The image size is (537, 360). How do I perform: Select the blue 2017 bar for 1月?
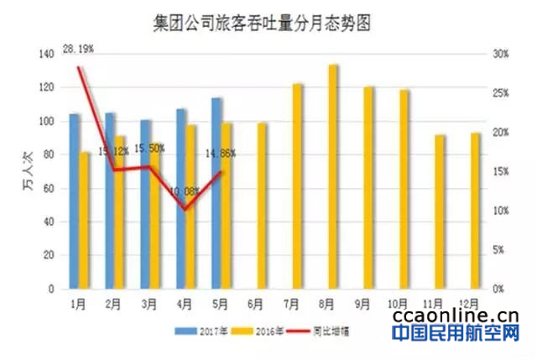click(x=74, y=201)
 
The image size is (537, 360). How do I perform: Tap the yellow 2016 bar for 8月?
click(x=333, y=176)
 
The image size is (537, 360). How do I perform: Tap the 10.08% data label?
click(x=185, y=191)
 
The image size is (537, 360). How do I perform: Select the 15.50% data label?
click(x=149, y=148)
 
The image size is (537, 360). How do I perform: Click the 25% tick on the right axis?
click(x=500, y=93)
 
